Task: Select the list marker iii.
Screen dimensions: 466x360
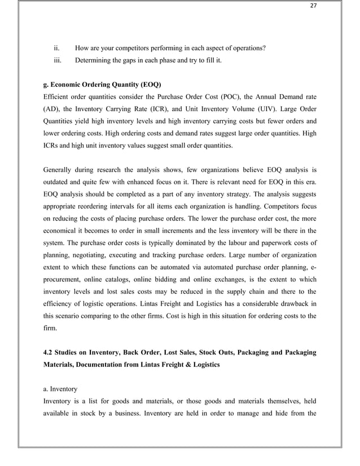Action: tap(58, 60)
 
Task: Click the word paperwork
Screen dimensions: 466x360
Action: tap(282, 242)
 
